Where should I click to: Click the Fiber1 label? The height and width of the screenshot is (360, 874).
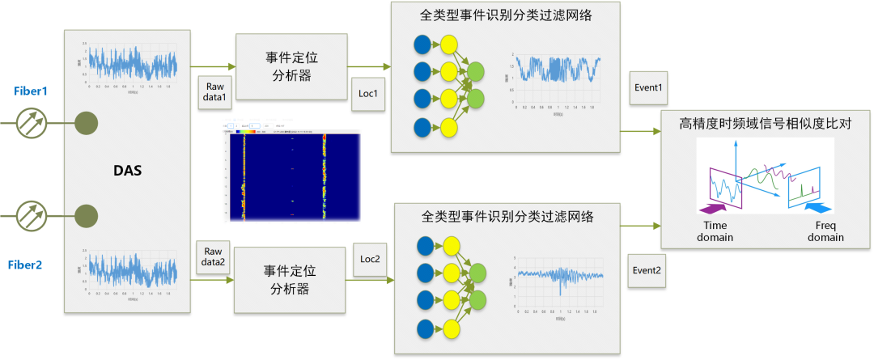click(31, 91)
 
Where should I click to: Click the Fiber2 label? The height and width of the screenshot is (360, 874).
click(31, 265)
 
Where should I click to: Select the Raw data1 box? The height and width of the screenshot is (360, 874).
click(214, 91)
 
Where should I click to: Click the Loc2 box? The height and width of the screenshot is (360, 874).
click(369, 260)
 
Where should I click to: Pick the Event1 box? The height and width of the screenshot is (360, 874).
click(647, 87)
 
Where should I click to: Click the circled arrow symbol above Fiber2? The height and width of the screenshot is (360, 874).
click(32, 216)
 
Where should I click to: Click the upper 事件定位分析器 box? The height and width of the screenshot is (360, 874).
click(290, 66)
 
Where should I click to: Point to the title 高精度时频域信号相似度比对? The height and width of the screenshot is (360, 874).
click(765, 123)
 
